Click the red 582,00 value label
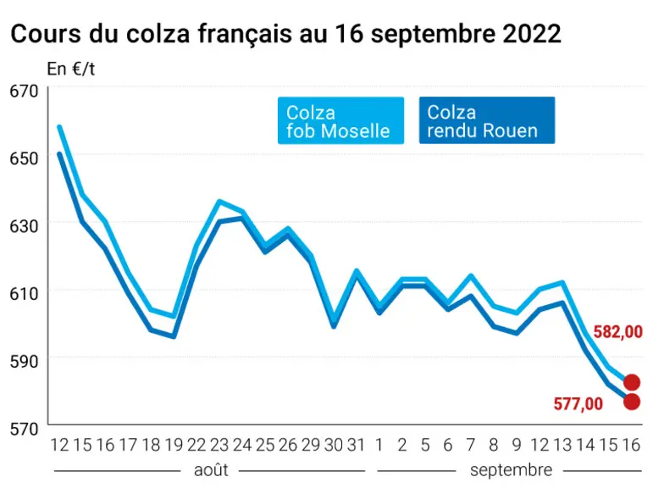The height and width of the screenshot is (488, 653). (x=617, y=332)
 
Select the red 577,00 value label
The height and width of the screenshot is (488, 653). (x=578, y=404)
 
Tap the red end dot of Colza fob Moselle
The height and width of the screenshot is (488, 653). (x=632, y=382)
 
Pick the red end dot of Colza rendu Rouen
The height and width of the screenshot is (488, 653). (x=632, y=402)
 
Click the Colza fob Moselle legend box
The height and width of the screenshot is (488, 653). (x=340, y=120)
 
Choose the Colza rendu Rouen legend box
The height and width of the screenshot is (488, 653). (x=487, y=120)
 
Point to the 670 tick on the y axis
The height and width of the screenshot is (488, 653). (x=25, y=91)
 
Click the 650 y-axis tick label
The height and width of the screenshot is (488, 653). (x=25, y=158)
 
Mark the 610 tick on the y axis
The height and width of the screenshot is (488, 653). (x=25, y=294)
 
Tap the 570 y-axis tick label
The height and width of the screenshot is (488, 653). (x=25, y=429)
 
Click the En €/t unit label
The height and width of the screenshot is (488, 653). (x=71, y=69)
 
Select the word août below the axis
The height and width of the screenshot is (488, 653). (x=211, y=470)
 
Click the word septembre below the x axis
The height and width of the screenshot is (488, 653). (x=511, y=470)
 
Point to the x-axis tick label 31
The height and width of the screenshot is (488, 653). (x=356, y=445)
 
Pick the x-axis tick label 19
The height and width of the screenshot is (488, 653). (x=174, y=445)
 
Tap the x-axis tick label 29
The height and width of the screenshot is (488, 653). (x=311, y=445)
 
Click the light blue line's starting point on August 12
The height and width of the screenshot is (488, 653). (x=59, y=127)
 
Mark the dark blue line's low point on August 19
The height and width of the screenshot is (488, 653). (x=174, y=336)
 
